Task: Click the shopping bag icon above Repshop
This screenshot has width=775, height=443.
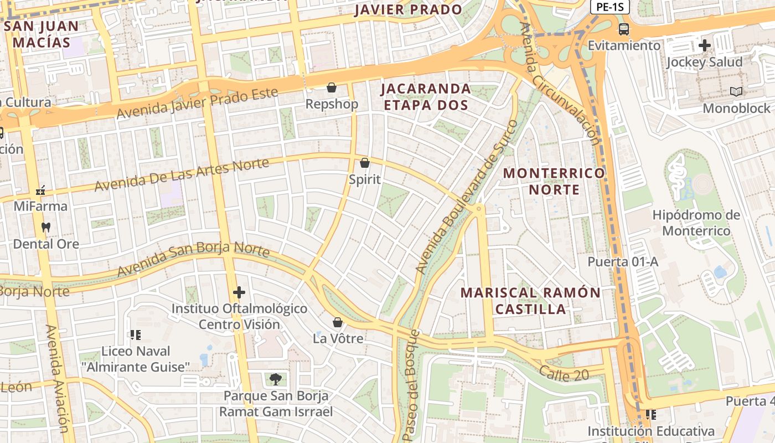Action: [331, 87]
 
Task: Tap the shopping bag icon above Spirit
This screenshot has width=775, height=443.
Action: [364, 163]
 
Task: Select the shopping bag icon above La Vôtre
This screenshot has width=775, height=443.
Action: [338, 322]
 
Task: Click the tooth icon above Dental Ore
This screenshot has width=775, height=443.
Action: [46, 227]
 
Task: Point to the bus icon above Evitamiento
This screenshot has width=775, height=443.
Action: [624, 29]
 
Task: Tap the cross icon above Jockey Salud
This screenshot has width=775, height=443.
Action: [705, 45]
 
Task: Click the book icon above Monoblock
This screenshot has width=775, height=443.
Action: [736, 91]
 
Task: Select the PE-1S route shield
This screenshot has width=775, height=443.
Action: [608, 7]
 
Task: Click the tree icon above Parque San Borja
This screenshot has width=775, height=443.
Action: [275, 379]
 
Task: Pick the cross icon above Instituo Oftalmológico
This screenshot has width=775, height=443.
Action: [239, 292]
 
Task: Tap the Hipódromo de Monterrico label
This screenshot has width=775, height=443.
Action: [696, 223]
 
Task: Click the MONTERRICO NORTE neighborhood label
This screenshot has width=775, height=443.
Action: [554, 181]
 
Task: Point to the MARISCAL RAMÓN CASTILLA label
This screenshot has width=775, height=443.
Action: [530, 301]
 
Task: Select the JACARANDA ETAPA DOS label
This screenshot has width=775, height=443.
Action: [425, 96]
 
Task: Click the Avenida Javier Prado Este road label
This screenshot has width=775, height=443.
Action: [197, 103]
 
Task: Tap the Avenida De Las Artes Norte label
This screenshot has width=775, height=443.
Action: [182, 174]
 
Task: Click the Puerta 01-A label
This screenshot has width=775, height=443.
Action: [623, 262]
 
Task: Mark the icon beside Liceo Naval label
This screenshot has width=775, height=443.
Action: [135, 334]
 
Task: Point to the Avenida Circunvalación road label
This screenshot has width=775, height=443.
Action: [560, 83]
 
